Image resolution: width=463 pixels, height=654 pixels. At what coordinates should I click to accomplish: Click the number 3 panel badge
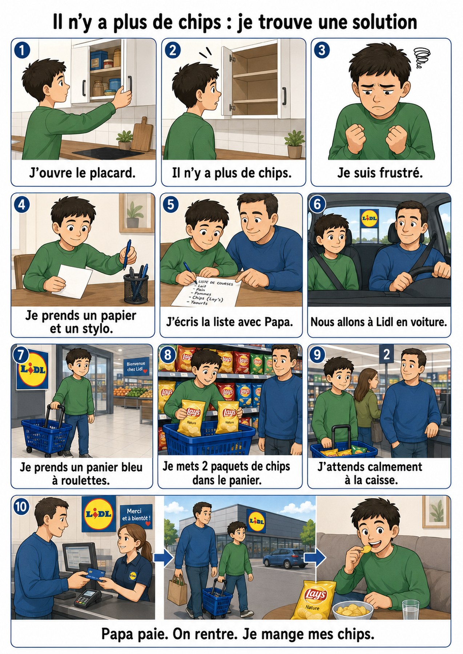point(322,50)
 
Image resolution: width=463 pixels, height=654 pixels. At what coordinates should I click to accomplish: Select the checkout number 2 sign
point(386,354)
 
